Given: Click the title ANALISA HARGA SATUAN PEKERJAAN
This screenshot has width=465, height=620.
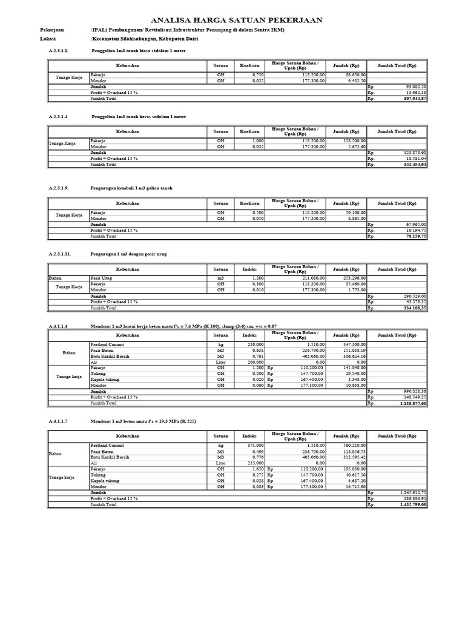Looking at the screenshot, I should coord(236,20).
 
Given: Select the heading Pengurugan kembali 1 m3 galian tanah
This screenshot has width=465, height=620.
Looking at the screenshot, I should coord(131,188).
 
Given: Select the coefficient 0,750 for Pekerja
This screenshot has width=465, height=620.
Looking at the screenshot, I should coord(250,74).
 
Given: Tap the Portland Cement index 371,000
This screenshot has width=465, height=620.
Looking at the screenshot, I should coord(249,445).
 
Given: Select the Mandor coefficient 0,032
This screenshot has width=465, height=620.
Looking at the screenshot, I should coord(250,146).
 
